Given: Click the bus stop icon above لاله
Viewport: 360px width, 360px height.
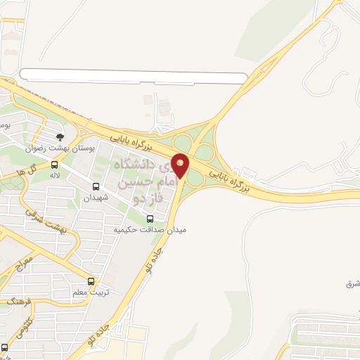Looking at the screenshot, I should pos(55,165).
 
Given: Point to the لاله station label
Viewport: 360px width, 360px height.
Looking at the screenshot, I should pos(54,175).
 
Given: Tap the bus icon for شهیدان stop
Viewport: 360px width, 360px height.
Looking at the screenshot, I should pos(96,186).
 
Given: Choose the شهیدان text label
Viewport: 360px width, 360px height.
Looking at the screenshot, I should pos(96,198).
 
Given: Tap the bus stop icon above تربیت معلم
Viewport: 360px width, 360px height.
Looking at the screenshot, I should pos(90,281).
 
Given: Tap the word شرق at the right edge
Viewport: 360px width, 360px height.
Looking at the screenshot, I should pos(352,283).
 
